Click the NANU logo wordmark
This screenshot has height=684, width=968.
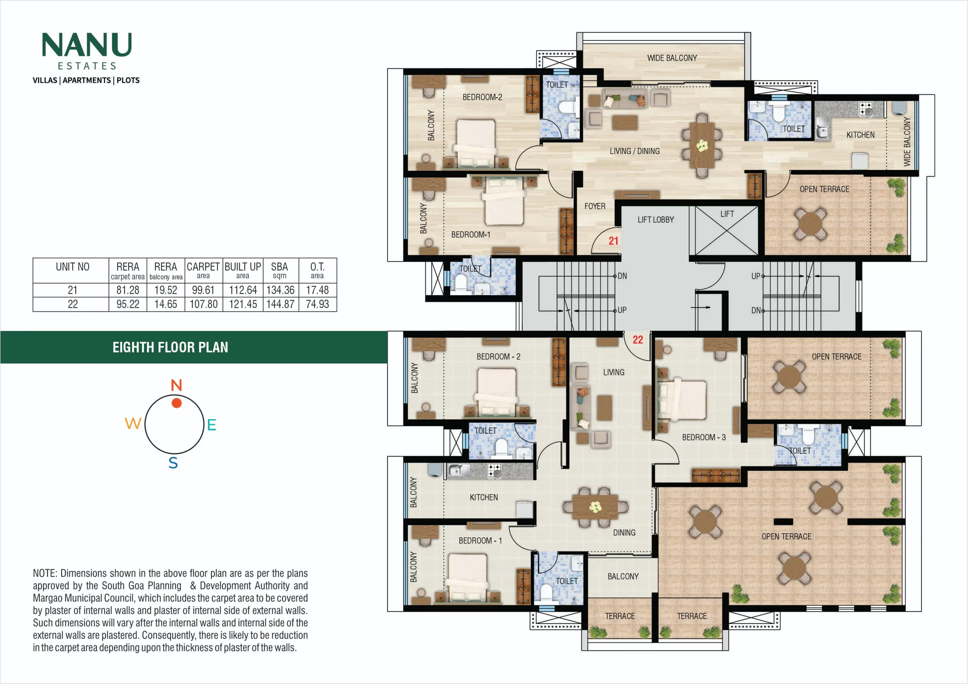[x=87, y=45]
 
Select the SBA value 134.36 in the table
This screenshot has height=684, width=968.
[x=280, y=290]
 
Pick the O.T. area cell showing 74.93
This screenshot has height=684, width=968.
[x=318, y=304]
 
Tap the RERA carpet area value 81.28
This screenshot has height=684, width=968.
[x=128, y=290]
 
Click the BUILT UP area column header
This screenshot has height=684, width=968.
[x=243, y=270]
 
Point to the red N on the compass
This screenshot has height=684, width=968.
[x=176, y=385]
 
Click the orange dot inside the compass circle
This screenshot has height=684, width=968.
[x=177, y=403]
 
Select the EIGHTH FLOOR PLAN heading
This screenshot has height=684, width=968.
[x=170, y=347]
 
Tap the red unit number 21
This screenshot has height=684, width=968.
[x=613, y=241]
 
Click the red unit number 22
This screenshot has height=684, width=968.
[x=638, y=340]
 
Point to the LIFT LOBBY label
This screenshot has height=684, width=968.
[x=656, y=219]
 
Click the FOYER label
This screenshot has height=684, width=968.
[x=594, y=206]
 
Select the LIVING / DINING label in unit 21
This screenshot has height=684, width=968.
[x=634, y=151]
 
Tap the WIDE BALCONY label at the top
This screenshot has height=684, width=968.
[x=672, y=58]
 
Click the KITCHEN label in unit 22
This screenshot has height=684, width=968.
[x=484, y=497]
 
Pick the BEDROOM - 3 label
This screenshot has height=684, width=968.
[x=704, y=437]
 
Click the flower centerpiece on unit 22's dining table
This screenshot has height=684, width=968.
[x=595, y=507]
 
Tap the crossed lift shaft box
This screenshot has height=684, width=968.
[x=726, y=230]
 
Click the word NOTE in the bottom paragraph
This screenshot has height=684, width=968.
[x=44, y=573]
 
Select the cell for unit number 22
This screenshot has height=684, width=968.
[x=73, y=304]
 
